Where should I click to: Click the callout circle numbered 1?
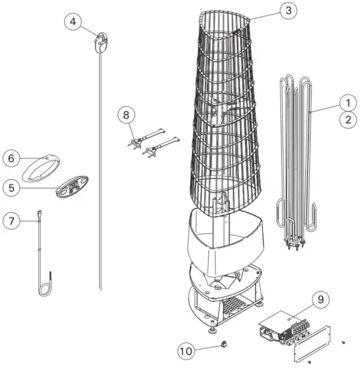pyautogui.click(x=346, y=103)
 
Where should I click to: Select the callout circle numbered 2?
pyautogui.click(x=346, y=120)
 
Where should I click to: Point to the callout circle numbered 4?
pyautogui.click(x=73, y=21)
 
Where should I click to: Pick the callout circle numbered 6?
pyautogui.click(x=11, y=159)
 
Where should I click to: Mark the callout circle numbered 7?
pyautogui.click(x=11, y=219)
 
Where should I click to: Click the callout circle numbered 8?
pyautogui.click(x=124, y=114)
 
